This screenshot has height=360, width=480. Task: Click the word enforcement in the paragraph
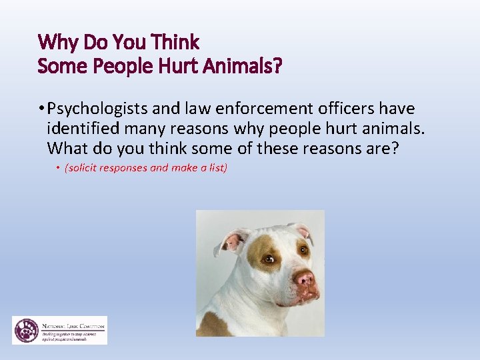coord(248,109)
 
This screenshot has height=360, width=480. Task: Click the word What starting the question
coord(69,147)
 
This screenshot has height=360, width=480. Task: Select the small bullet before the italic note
coord(58,168)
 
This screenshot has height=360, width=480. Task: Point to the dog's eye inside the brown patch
coord(269,258)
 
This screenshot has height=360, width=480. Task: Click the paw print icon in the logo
coord(26,330)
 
